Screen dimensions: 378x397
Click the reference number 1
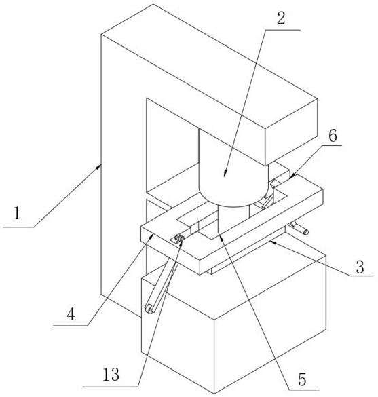17,213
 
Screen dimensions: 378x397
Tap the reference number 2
281,18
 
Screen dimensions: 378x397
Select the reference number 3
360,267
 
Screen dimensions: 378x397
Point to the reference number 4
71,315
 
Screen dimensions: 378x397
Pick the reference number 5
302,379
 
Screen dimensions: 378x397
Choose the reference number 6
333,136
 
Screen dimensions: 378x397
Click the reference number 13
111,375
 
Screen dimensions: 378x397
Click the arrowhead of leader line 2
225,174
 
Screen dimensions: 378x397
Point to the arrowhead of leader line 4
151,236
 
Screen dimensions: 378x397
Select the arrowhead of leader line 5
221,236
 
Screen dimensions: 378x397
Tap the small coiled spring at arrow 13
179,238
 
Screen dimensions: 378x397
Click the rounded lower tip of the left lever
149,309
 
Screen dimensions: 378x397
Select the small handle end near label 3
305,231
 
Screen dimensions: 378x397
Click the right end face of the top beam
291,132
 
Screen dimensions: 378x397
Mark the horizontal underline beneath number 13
111,387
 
